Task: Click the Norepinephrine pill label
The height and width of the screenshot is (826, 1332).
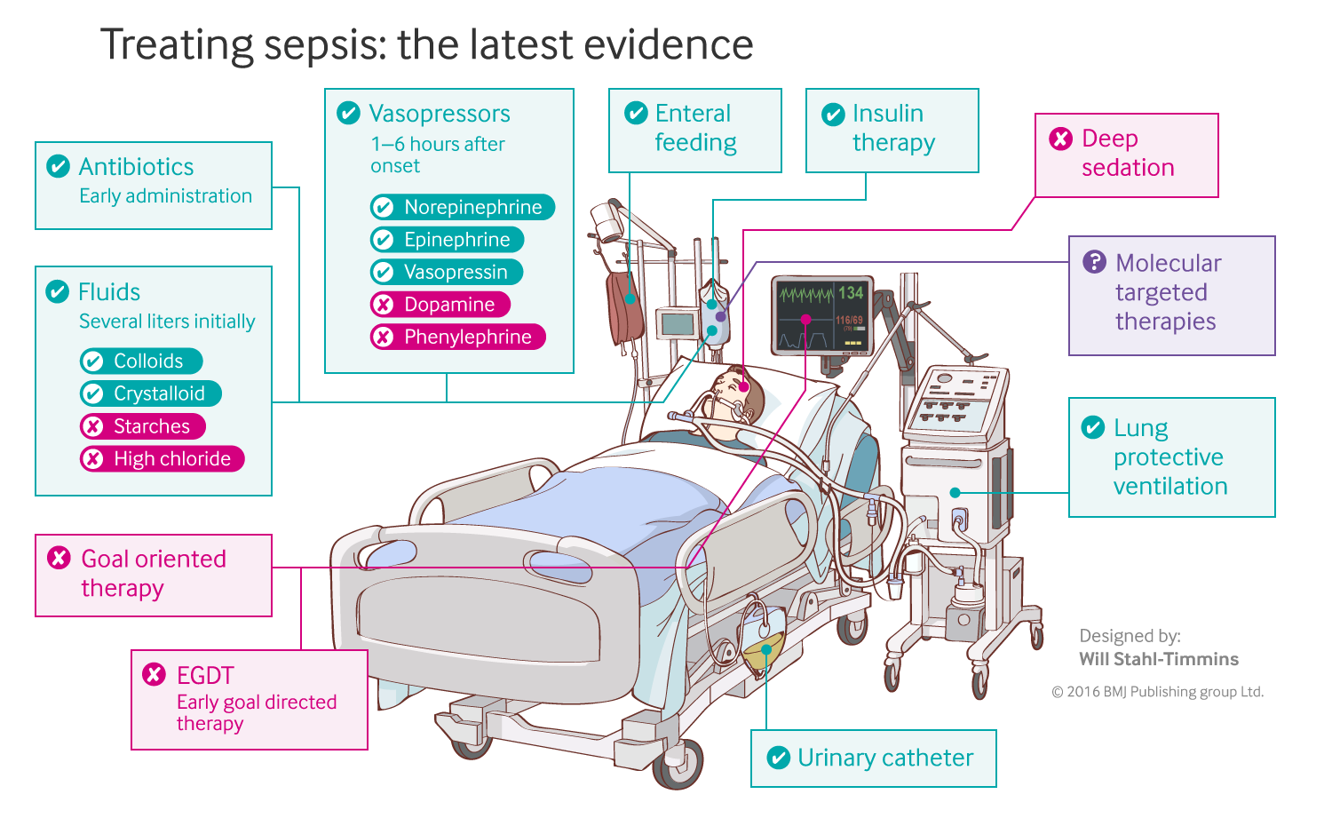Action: tap(463, 207)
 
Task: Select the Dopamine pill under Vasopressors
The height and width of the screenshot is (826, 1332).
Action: tap(440, 305)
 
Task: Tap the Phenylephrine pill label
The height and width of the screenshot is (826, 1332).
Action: tap(458, 338)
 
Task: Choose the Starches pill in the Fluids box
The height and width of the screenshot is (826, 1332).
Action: tap(143, 426)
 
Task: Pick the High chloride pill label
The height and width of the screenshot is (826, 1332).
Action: tap(163, 459)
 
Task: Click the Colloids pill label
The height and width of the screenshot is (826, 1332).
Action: tap(141, 361)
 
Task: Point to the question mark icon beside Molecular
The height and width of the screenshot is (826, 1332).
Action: tap(1094, 262)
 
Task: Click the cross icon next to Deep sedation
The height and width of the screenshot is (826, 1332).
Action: tap(1060, 139)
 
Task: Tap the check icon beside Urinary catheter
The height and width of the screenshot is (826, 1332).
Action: tap(778, 758)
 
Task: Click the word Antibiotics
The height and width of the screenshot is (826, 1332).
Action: tap(136, 167)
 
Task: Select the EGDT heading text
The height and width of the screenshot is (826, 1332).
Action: tap(205, 676)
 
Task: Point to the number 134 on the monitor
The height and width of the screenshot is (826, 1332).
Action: tap(850, 293)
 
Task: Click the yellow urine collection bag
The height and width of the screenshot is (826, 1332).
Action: tap(763, 653)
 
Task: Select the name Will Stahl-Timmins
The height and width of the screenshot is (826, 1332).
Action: tap(1159, 659)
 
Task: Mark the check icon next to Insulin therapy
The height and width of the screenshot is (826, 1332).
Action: tap(833, 115)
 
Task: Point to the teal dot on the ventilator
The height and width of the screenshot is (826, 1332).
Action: tap(955, 492)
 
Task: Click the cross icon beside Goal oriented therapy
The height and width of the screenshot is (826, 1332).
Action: tap(59, 558)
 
